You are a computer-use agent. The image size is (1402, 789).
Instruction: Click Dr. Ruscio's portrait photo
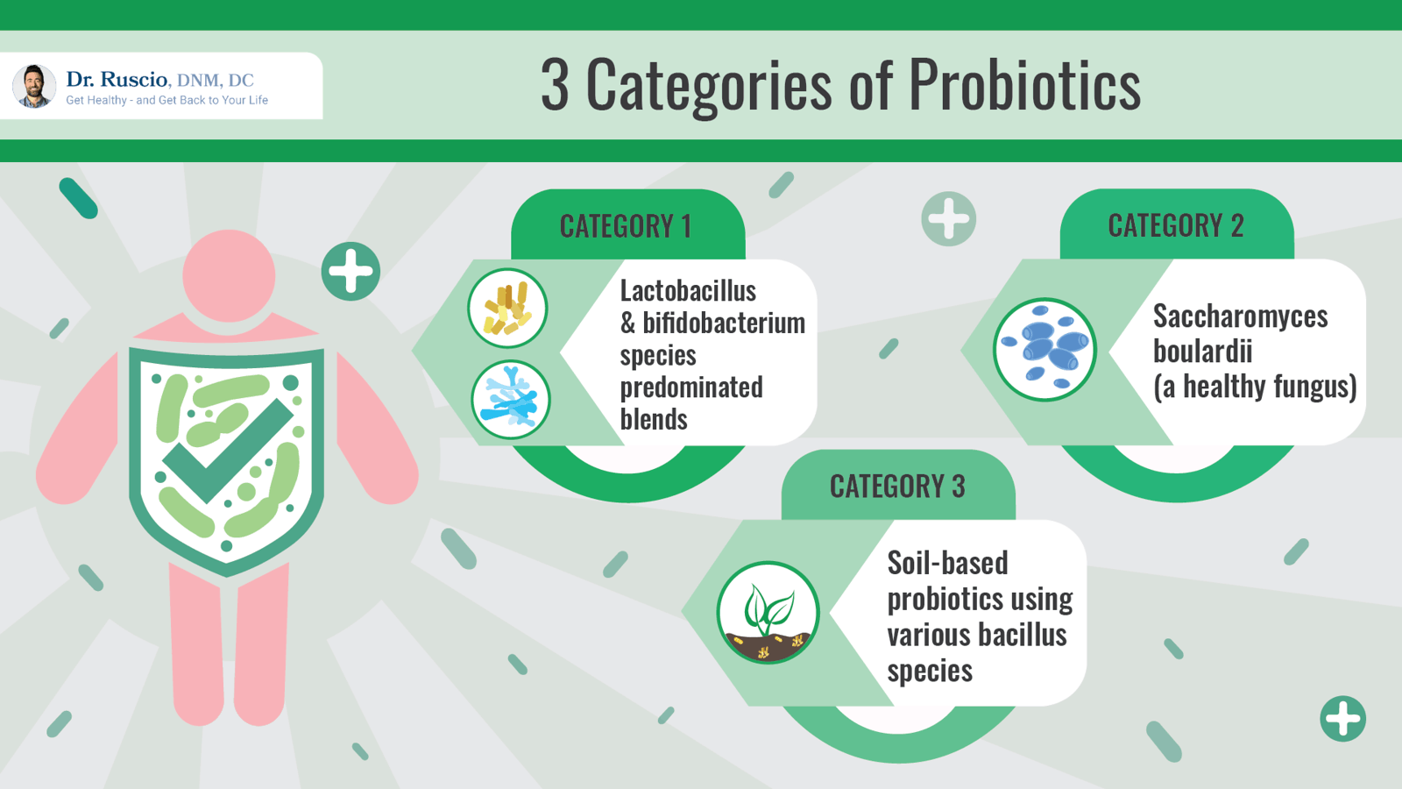click(34, 86)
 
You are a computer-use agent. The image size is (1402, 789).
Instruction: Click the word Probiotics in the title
click(1024, 85)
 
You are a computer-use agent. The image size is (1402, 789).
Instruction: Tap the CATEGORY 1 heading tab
click(626, 226)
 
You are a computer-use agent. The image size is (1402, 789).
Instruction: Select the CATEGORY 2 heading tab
click(1175, 225)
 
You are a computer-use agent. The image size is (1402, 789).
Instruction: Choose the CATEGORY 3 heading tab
click(897, 486)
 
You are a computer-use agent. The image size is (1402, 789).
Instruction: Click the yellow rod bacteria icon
click(507, 309)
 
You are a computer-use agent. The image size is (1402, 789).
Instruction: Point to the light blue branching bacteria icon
click(510, 400)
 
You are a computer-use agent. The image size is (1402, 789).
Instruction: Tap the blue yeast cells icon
click(1044, 349)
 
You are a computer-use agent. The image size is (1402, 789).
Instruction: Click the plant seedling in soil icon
click(768, 612)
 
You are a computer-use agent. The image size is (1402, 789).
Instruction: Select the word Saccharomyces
click(1240, 316)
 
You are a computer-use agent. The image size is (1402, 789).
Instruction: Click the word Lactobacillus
click(688, 291)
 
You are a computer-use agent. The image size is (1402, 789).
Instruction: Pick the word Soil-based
click(947, 563)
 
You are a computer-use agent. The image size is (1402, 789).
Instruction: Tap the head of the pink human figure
click(229, 276)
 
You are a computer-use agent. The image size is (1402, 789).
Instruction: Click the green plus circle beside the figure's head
click(350, 271)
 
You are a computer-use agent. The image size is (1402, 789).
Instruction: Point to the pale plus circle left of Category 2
click(948, 218)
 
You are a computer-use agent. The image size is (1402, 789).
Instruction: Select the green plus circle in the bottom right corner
click(1342, 719)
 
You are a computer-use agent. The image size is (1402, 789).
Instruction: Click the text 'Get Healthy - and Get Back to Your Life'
click(166, 100)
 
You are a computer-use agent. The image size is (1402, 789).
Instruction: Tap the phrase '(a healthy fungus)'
click(1255, 387)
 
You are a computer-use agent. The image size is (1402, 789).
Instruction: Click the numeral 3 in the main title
click(555, 85)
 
